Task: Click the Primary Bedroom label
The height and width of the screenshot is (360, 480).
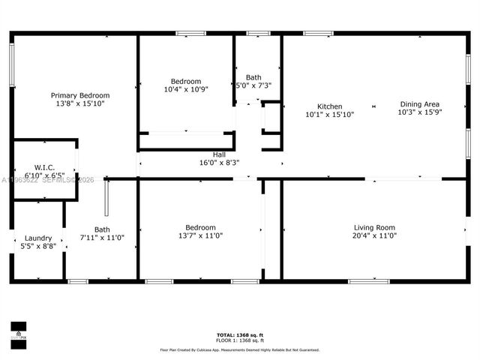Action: (x=80, y=95)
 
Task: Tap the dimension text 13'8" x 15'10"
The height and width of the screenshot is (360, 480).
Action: (x=80, y=104)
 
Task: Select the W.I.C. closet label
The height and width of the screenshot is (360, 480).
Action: (x=45, y=167)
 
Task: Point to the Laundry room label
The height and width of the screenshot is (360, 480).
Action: (x=38, y=238)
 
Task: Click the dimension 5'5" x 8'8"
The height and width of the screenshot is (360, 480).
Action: (x=38, y=246)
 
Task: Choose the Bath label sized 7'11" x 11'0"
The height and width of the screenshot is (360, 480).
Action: (x=102, y=229)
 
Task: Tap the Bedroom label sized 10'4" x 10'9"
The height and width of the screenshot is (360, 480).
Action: (x=185, y=81)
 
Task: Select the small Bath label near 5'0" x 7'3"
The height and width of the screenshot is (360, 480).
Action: (x=253, y=77)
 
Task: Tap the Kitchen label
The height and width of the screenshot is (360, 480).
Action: (x=329, y=106)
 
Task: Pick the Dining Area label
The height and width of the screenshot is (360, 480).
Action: (x=419, y=104)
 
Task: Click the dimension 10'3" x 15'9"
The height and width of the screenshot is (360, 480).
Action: (x=419, y=113)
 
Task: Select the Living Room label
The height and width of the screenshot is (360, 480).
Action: (x=374, y=227)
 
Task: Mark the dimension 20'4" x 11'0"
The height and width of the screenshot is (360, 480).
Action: (x=374, y=236)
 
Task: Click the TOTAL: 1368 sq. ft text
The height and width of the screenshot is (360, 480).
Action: (x=240, y=334)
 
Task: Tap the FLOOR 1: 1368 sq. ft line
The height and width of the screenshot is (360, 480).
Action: (x=240, y=340)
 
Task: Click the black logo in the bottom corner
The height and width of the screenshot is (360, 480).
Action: (x=17, y=331)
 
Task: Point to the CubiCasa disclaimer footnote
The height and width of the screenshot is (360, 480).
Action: (x=240, y=349)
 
